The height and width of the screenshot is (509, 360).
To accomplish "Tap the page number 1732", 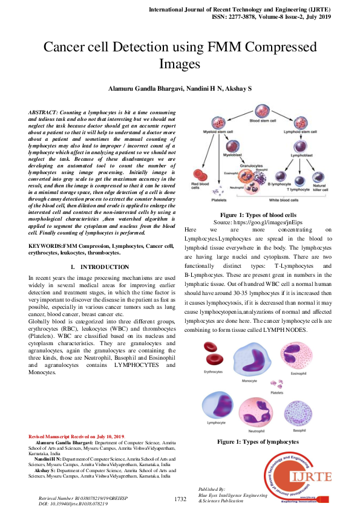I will [x=180, y=499].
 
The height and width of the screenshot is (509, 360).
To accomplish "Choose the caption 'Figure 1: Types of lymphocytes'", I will [x=258, y=442].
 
